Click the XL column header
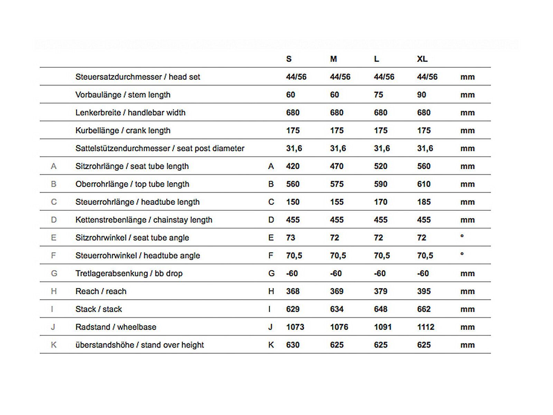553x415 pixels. pyautogui.click(x=422, y=59)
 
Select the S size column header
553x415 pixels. pyautogui.click(x=289, y=59)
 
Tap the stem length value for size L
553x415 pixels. pyautogui.click(x=378, y=95)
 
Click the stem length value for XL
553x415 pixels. pyautogui.click(x=422, y=95)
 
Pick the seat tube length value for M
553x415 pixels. pyautogui.click(x=337, y=166)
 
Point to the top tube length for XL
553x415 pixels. pyautogui.click(x=424, y=184)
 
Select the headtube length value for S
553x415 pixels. pyautogui.click(x=293, y=202)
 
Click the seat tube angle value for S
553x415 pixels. pyautogui.click(x=291, y=238)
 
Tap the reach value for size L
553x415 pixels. pyautogui.click(x=381, y=291)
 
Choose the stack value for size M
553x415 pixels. pyautogui.click(x=337, y=309)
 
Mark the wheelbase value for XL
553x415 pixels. pyautogui.click(x=426, y=327)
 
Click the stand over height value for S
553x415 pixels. pyautogui.click(x=293, y=345)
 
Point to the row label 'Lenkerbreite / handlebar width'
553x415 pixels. pyautogui.click(x=130, y=113)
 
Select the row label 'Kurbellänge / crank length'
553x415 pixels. pyautogui.click(x=123, y=131)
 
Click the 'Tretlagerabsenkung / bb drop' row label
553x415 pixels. pyautogui.click(x=129, y=274)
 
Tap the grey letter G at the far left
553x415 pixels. pyautogui.click(x=54, y=274)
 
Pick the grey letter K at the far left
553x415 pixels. pyautogui.click(x=54, y=345)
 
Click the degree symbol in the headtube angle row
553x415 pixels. pyautogui.click(x=462, y=254)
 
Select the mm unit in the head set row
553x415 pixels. pyautogui.click(x=467, y=77)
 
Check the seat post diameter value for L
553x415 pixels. pyautogui.click(x=382, y=148)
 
